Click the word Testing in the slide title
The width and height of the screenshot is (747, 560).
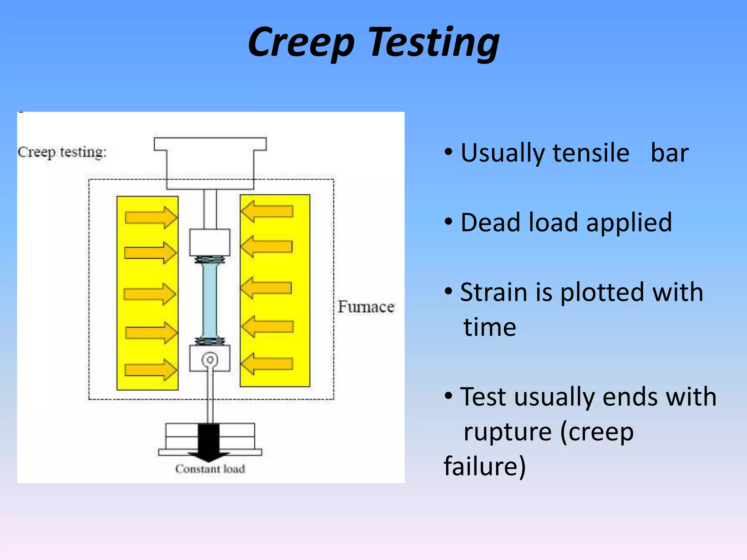pos(434,43)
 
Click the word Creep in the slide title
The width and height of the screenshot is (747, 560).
pos(301,43)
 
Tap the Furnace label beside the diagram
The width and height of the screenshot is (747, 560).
pos(366,307)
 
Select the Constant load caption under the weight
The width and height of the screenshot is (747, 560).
pos(210,469)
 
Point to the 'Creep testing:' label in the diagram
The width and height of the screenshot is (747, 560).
pos(62,152)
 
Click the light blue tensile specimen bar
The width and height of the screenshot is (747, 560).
pos(210,301)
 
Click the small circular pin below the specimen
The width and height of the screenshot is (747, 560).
pos(210,360)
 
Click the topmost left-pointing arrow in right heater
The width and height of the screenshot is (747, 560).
pos(267,211)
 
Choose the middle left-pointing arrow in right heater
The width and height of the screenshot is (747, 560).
pos(266,288)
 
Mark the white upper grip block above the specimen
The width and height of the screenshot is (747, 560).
pos(210,242)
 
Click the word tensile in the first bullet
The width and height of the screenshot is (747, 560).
pos(591,153)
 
